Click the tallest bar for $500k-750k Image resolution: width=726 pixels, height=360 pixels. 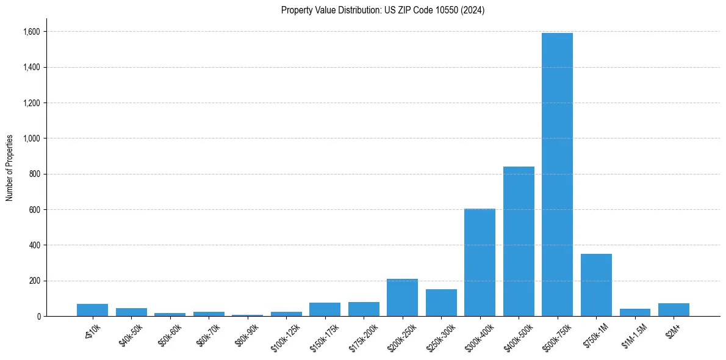[557, 175]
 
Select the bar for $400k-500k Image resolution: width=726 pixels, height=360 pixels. [519, 241]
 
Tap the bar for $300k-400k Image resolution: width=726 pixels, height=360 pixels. [480, 262]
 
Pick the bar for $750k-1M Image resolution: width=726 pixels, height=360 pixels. [596, 285]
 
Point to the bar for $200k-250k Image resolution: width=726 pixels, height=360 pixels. [402, 298]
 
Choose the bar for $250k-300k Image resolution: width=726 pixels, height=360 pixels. [441, 303]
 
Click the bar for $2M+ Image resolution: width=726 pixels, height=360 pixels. [674, 310]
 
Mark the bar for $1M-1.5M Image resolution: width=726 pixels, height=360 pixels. [634, 312]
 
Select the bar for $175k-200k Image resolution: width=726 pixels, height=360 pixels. [364, 309]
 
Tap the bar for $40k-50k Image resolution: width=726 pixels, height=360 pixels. [131, 312]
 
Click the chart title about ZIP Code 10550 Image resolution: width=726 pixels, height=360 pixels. [383, 10]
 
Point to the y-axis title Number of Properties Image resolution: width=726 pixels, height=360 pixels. [10, 167]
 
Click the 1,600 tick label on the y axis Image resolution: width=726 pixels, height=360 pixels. [32, 32]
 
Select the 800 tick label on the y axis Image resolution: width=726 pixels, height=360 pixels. [35, 174]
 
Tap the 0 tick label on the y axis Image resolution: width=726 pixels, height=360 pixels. [39, 317]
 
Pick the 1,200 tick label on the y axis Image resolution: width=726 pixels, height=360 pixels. [32, 103]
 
